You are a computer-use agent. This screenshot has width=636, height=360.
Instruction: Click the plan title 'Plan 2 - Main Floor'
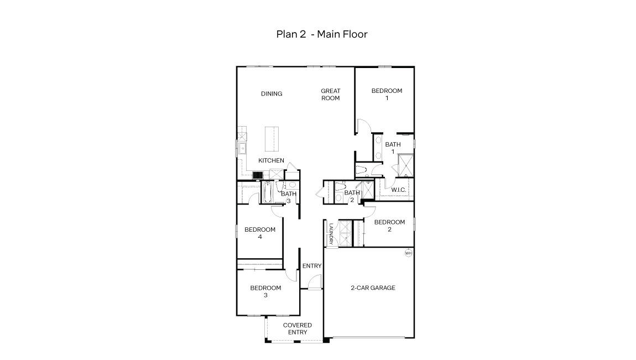click(322, 34)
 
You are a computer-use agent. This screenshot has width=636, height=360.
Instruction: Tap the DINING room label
click(272, 94)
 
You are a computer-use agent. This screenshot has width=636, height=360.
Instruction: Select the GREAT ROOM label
click(330, 95)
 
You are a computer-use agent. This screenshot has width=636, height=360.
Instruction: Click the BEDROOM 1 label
click(387, 95)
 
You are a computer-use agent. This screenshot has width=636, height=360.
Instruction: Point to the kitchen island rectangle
click(271, 138)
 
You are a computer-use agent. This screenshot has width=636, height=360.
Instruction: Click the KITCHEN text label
click(272, 161)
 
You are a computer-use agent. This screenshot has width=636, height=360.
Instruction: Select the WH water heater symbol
click(409, 253)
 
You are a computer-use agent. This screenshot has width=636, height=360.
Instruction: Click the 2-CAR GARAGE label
click(373, 288)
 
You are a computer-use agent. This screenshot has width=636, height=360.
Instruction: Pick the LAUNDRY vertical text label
click(331, 233)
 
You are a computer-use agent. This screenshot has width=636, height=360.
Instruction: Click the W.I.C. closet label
click(399, 190)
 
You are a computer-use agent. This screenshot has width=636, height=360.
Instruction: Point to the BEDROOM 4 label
click(259, 233)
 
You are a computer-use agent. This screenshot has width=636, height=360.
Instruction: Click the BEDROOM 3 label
click(265, 291)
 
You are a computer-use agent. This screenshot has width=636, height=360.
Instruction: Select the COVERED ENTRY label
click(298, 329)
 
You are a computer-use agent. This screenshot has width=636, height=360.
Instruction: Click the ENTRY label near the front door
click(312, 266)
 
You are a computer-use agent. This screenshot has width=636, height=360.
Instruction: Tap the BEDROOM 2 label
click(389, 226)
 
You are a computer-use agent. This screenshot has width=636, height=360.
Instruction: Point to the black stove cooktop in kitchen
click(257, 175)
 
